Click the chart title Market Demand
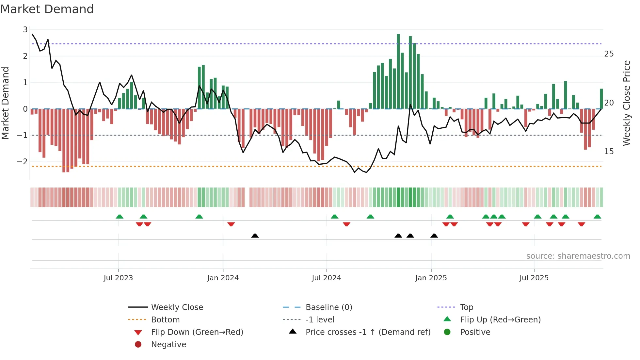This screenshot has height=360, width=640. [47, 9]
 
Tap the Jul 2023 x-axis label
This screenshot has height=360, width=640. [118, 278]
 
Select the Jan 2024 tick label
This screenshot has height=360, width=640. [223, 278]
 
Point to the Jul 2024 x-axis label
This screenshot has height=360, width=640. [327, 278]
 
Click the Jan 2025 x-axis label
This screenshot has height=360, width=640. [431, 278]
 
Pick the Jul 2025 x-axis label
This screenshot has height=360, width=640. [534, 278]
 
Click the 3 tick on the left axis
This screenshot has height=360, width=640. [25, 30]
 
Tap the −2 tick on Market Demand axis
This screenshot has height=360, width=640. [23, 162]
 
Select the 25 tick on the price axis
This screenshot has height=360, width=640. [609, 54]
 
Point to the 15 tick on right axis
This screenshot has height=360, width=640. [609, 152]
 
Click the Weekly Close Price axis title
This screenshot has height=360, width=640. [626, 103]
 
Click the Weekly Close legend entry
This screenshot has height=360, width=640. [177, 307]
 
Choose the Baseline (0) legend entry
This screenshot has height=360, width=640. [329, 307]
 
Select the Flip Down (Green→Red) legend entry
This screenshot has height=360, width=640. [197, 332]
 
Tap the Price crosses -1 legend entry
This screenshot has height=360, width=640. [368, 332]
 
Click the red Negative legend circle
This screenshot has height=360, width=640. [138, 345]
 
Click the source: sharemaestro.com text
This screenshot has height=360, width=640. [578, 256]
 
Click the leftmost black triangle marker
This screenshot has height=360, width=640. [255, 236]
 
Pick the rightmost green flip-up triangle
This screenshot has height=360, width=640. [597, 217]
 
